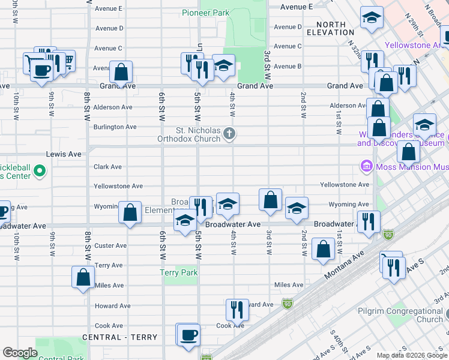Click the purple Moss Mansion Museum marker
[366, 166]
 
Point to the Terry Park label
[179, 272]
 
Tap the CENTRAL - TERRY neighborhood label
[119, 337]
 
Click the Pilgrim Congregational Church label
[408, 315]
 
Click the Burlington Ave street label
[115, 127]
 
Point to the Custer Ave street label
[110, 245]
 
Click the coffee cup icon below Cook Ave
[188, 334]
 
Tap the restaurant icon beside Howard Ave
[237, 309]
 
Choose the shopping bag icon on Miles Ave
[83, 277]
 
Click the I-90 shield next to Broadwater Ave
[388, 234]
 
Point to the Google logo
[20, 353]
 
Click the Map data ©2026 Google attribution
[411, 355]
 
